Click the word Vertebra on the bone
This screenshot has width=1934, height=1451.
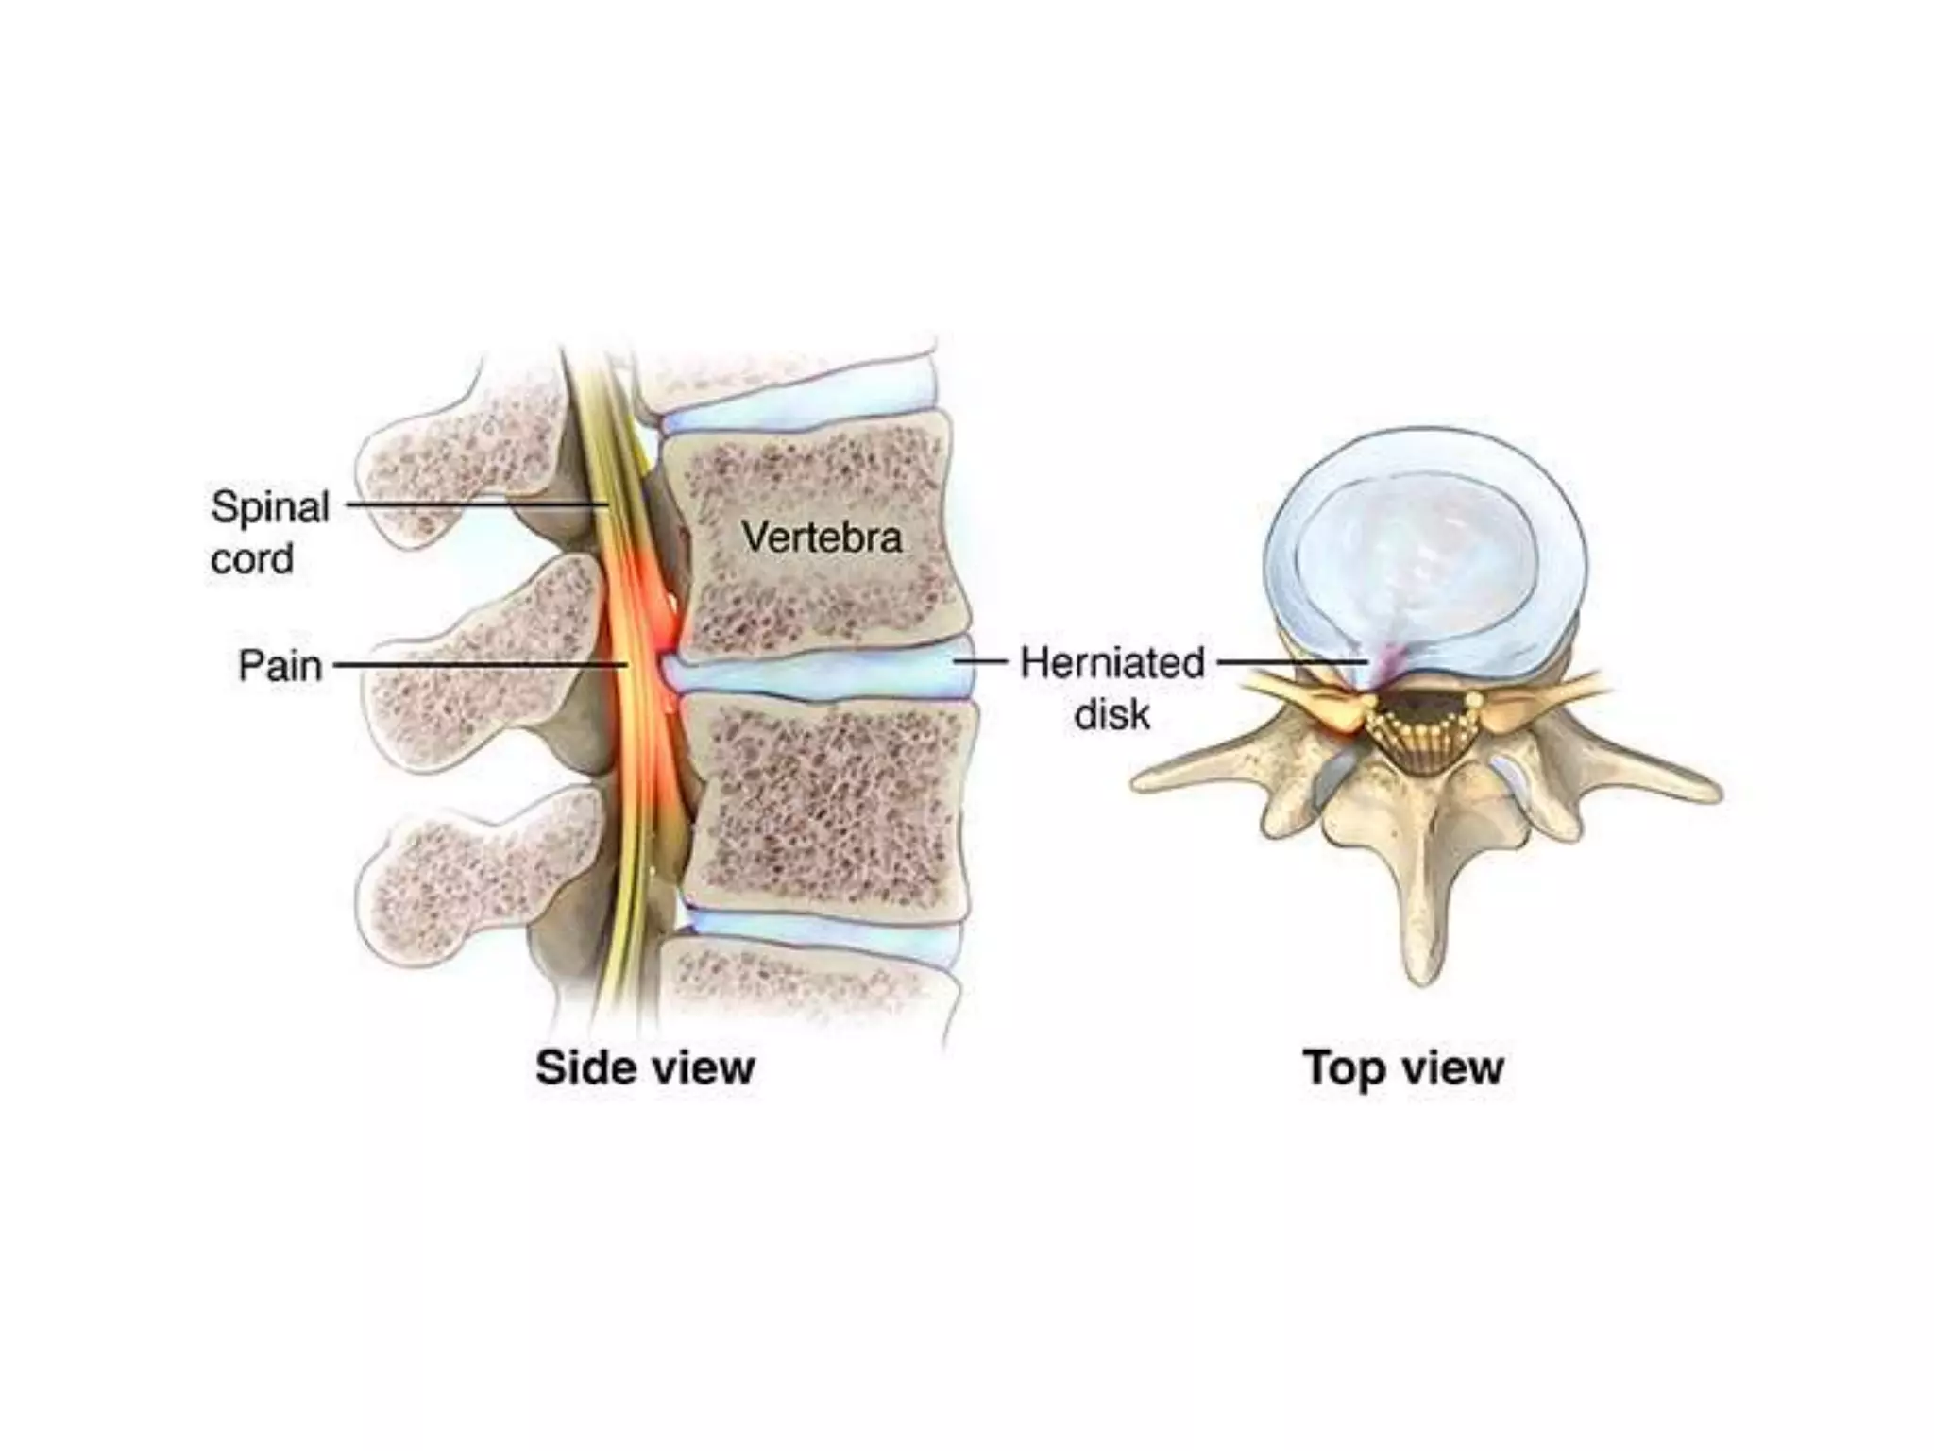tap(822, 538)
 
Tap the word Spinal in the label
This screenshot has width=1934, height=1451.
tap(270, 507)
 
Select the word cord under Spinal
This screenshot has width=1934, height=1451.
tap(252, 558)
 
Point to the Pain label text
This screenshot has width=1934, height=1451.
tap(280, 666)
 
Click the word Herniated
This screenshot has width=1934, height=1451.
tap(1112, 663)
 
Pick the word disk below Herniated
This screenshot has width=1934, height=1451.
tap(1112, 714)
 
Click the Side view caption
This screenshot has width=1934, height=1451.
tap(645, 1067)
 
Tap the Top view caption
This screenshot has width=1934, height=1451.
tap(1402, 1067)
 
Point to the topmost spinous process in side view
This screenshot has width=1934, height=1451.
tap(453, 463)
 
